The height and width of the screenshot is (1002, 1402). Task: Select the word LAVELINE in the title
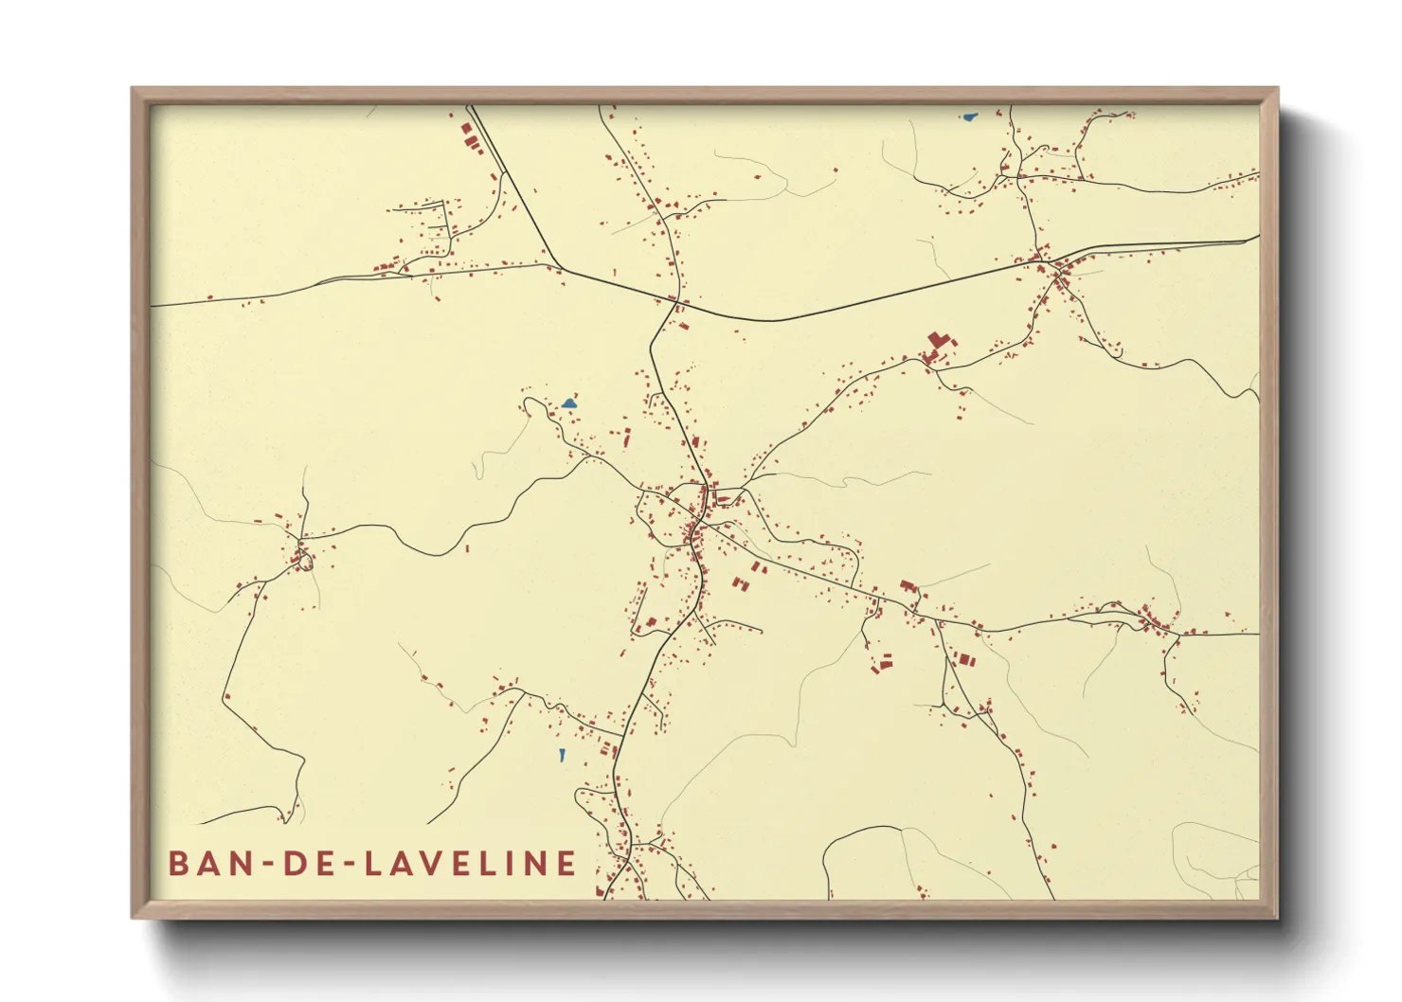(471, 864)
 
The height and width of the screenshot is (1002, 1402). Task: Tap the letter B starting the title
(177, 864)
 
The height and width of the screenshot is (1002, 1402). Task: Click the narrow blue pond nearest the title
(562, 755)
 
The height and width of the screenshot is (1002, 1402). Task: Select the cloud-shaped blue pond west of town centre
(568, 404)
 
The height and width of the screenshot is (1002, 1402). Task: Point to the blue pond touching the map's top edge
(968, 117)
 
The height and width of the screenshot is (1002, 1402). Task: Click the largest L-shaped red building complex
(939, 341)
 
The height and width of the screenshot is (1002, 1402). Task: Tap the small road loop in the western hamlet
(304, 561)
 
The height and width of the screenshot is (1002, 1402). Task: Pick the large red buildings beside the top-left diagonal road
(471, 138)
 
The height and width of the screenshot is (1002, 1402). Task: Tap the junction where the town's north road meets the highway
(675, 302)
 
